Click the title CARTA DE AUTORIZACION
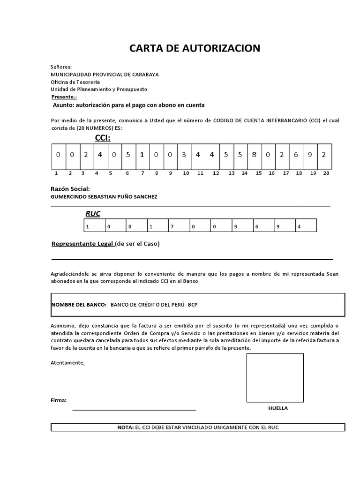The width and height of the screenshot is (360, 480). (x=194, y=48)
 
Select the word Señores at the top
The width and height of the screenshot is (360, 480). (x=61, y=67)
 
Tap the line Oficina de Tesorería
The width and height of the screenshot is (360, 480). (x=75, y=82)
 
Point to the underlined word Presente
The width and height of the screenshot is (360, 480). (x=64, y=97)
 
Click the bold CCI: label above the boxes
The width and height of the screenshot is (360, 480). (x=103, y=137)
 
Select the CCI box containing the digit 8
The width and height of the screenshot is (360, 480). (x=254, y=155)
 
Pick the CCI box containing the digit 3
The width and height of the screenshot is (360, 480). (x=184, y=155)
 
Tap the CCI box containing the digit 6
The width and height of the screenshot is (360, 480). (x=296, y=155)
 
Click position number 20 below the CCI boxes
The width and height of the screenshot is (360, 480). (x=326, y=173)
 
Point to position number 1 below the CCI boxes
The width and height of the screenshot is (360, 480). (x=56, y=173)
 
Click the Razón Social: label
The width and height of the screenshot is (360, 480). (x=70, y=188)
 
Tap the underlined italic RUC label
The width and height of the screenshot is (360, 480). (x=93, y=214)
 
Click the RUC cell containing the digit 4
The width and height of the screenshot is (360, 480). (x=306, y=226)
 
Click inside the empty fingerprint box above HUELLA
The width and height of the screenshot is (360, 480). (x=275, y=377)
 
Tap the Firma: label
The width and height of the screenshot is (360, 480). (x=58, y=400)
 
